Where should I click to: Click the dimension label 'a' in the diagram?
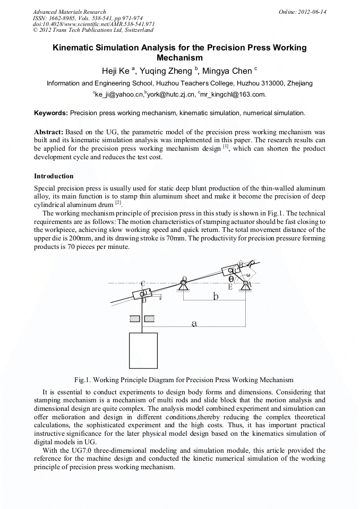(194, 322)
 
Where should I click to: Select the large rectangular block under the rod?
(143, 350)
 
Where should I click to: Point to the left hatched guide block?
(134, 318)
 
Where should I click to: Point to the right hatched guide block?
(150, 318)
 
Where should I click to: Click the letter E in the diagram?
(230, 287)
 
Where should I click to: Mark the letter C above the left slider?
(143, 283)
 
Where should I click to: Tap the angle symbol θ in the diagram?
(231, 279)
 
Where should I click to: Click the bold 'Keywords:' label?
(51, 113)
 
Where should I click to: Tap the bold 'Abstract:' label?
(49, 132)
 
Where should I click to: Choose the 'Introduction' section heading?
(54, 176)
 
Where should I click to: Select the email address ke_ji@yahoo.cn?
(114, 94)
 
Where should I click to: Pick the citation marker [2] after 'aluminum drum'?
(118, 203)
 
